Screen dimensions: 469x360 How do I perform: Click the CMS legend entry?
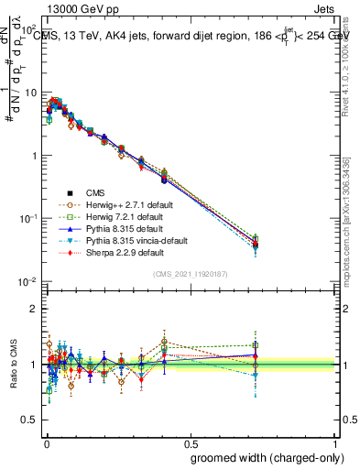pyautogui.click(x=95, y=193)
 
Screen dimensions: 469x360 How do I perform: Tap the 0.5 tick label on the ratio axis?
pyautogui.click(x=31, y=421)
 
